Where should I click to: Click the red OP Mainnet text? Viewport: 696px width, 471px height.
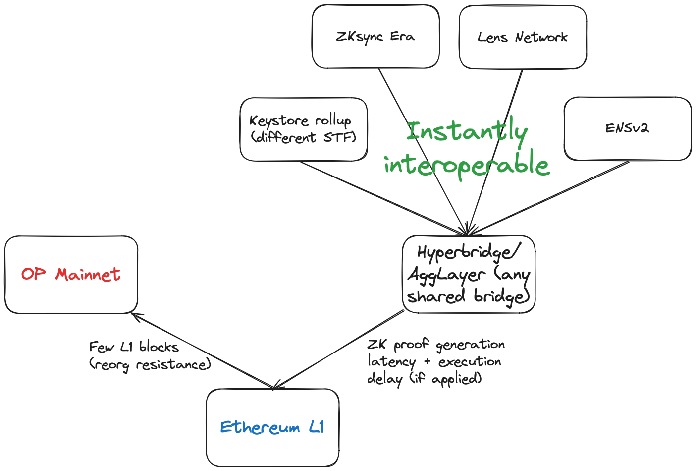[70, 274]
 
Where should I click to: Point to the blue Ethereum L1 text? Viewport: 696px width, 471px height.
[272, 427]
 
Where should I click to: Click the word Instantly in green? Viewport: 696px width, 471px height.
[467, 132]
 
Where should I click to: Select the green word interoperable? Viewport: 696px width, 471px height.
[467, 164]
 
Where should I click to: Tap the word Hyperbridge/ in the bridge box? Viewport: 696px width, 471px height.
[468, 253]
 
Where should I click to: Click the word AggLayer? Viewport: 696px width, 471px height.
[446, 275]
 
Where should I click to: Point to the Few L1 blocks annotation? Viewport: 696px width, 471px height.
[134, 347]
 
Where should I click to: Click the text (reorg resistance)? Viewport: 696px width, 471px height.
[150, 365]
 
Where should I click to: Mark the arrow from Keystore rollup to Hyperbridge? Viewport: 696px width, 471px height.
[383, 198]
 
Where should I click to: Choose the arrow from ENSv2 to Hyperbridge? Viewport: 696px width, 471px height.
[548, 198]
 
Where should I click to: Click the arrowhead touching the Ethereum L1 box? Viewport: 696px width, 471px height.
[277, 385]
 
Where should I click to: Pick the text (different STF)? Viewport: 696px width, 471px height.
[303, 138]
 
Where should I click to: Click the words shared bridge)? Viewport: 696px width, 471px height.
[469, 296]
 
